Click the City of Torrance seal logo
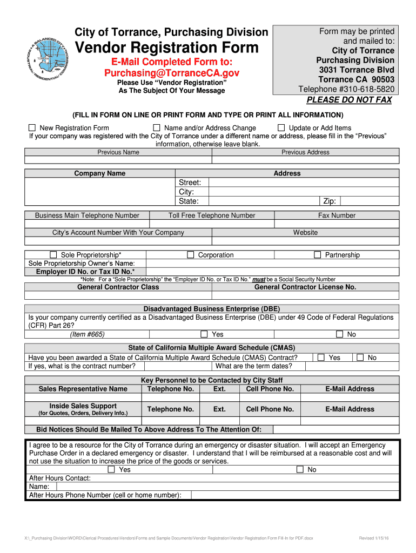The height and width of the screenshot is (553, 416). [46, 56]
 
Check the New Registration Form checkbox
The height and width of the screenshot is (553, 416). [32, 128]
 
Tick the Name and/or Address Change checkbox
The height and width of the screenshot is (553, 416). [157, 128]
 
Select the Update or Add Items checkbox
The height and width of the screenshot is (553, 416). [281, 128]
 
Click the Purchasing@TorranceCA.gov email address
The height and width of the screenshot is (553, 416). [171, 72]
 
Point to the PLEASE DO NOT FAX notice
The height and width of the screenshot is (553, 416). [349, 100]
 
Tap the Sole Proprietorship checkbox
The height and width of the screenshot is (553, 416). [53, 254]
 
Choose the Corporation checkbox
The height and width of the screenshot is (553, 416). [190, 254]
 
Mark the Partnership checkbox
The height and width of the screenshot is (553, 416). [318, 254]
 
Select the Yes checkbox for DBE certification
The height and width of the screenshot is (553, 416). [204, 334]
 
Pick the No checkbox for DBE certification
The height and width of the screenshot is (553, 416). [339, 334]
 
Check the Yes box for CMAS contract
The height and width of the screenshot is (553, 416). [321, 357]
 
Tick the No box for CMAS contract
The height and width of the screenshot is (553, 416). [360, 357]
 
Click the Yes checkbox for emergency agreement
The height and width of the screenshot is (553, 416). [111, 469]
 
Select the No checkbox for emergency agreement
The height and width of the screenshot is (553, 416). [300, 469]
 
